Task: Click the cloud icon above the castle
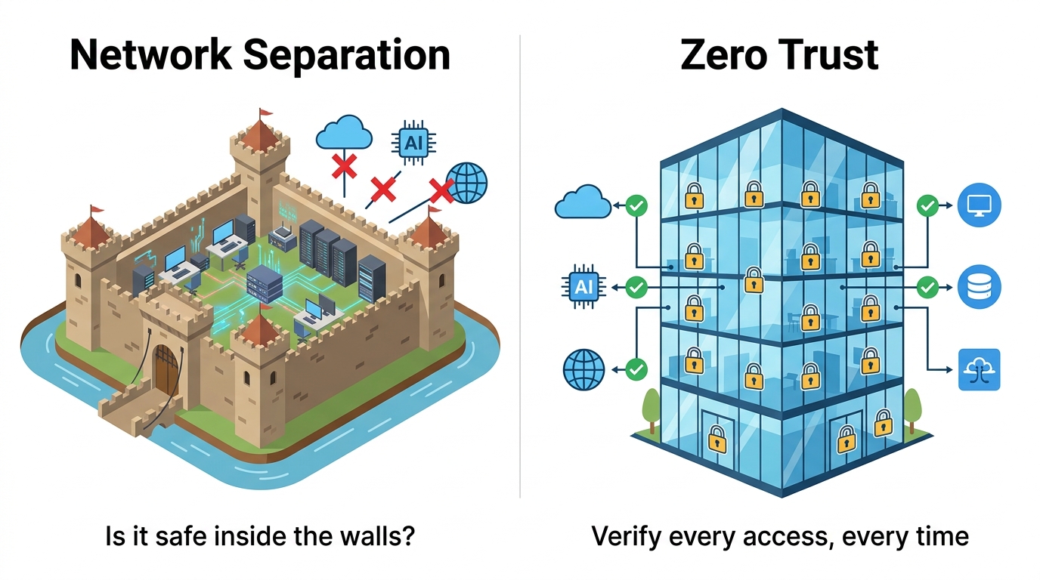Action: pyautogui.click(x=344, y=134)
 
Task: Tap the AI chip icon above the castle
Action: pyautogui.click(x=413, y=141)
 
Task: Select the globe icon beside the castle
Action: pyautogui.click(x=467, y=182)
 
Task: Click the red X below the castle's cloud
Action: pyautogui.click(x=345, y=165)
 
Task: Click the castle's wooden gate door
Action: pyautogui.click(x=166, y=368)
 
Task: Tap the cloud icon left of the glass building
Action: pyautogui.click(x=583, y=202)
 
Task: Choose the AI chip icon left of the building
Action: pyautogui.click(x=583, y=287)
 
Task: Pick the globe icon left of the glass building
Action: pyautogui.click(x=584, y=369)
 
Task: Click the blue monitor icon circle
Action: pyautogui.click(x=979, y=204)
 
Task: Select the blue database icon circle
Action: pyautogui.click(x=979, y=287)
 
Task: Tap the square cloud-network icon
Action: pyautogui.click(x=979, y=369)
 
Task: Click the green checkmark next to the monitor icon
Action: pyautogui.click(x=927, y=204)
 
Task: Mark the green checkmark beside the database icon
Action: pyautogui.click(x=927, y=287)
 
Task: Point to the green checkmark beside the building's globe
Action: pyautogui.click(x=637, y=369)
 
